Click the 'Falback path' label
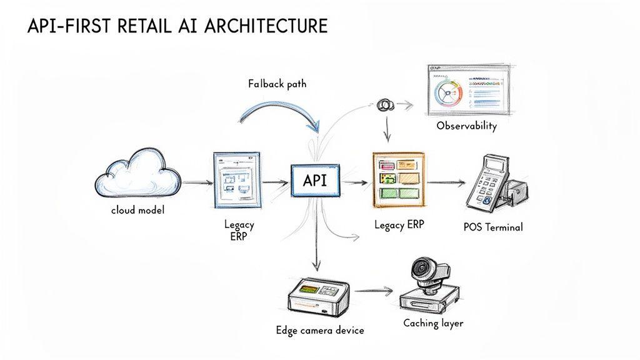coord(277,84)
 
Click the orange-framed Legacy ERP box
coord(397,179)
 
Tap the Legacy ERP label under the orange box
coord(399,224)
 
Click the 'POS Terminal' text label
coord(493,227)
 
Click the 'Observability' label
coord(466,126)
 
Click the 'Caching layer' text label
coord(433,323)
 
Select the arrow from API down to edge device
coord(318,237)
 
